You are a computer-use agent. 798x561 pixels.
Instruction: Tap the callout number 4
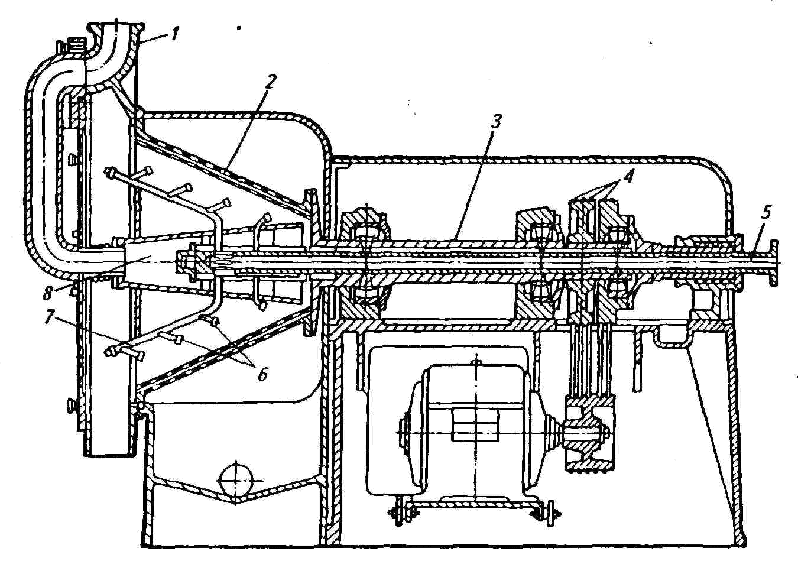coord(629,176)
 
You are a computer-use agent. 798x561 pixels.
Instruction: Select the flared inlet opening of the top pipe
coord(115,30)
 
